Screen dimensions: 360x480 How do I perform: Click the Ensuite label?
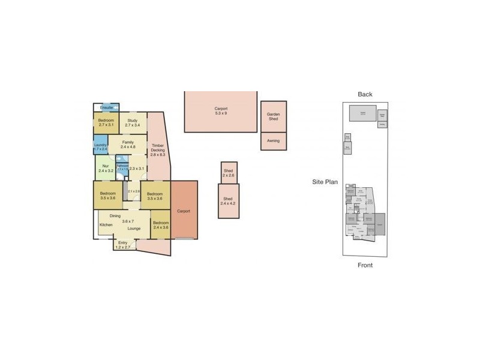click(x=106, y=107)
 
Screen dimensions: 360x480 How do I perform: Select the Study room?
click(x=132, y=124)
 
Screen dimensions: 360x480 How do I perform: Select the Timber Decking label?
click(x=158, y=148)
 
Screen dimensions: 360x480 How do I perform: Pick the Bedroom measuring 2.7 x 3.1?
click(x=106, y=124)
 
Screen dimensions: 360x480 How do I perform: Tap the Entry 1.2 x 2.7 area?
click(x=123, y=244)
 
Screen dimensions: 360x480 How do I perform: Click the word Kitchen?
click(x=106, y=225)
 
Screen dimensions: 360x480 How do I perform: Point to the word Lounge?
click(x=134, y=229)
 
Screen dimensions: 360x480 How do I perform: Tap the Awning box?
click(x=274, y=141)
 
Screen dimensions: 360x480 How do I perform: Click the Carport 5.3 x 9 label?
click(x=221, y=111)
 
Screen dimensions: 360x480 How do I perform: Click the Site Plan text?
click(x=325, y=181)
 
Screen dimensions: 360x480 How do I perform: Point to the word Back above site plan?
click(x=365, y=94)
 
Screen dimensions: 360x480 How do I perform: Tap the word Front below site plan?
click(x=365, y=265)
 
